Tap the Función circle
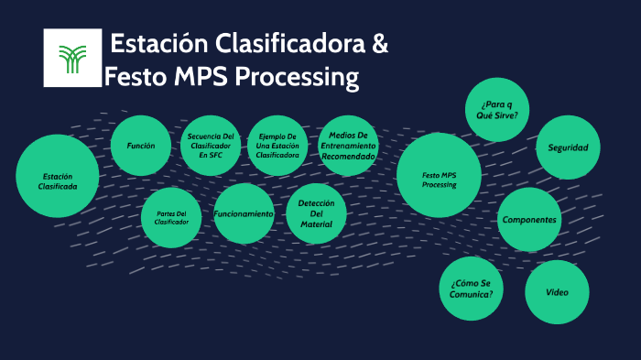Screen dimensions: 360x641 tap(140, 146)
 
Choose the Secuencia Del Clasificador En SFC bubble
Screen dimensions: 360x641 tap(211, 146)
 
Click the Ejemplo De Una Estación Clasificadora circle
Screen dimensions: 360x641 tap(277, 146)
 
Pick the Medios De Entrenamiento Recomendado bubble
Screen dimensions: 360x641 tap(348, 146)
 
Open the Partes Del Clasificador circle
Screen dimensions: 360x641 tap(171, 217)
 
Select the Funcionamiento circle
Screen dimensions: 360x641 tap(244, 213)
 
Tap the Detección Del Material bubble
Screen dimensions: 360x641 tap(316, 213)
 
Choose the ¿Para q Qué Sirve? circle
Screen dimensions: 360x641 tap(497, 110)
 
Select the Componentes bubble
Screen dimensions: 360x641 tap(529, 220)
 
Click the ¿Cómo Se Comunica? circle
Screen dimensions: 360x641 tap(472, 288)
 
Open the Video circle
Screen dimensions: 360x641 tap(557, 292)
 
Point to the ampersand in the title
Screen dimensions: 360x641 tap(379, 43)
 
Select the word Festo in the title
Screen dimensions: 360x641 tap(136, 77)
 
